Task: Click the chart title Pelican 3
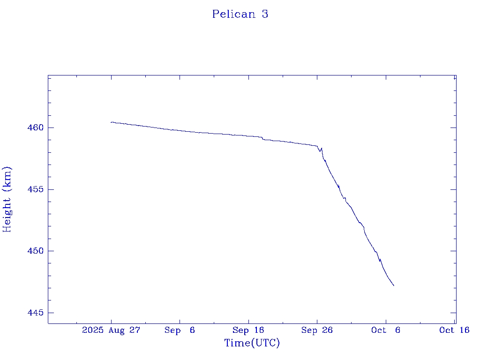click(240, 14)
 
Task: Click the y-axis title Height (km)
click(7, 199)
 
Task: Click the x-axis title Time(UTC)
click(252, 343)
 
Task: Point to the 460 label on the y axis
click(34, 127)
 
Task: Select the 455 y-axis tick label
click(34, 189)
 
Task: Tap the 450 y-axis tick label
click(34, 251)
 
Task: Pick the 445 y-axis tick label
click(34, 313)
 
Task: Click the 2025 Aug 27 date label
click(111, 330)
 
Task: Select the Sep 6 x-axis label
click(180, 330)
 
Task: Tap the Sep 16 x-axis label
click(248, 330)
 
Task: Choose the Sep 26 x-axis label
click(317, 330)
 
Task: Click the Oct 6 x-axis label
click(385, 330)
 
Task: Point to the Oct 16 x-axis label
click(454, 330)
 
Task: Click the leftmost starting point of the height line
click(111, 122)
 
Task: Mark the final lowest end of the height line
click(394, 285)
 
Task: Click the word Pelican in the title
click(234, 14)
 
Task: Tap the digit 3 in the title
click(265, 14)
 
